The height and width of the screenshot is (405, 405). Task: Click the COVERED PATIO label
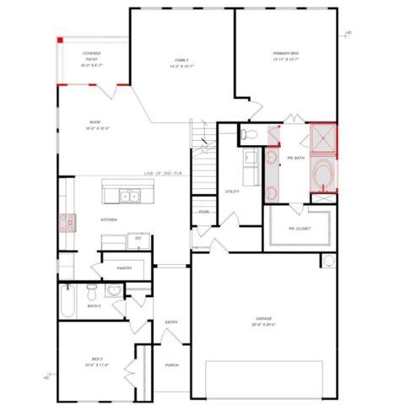tap(92, 58)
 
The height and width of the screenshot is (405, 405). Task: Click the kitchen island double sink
tap(129, 197)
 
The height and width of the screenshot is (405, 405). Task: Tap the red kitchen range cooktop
tap(64, 223)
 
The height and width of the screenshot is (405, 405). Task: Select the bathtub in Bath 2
tap(70, 295)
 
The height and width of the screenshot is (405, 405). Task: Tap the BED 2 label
tap(96, 361)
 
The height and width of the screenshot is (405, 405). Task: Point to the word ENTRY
tap(171, 321)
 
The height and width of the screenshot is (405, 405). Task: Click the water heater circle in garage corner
tap(327, 261)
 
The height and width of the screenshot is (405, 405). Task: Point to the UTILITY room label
tap(232, 192)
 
